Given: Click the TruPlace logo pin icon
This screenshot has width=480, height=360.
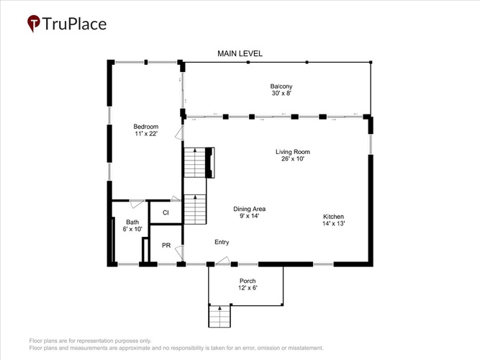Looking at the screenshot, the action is click(x=34, y=23).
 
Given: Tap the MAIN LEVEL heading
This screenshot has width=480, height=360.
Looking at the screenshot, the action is click(x=240, y=53).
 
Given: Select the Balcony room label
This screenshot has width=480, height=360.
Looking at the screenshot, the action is click(x=281, y=86).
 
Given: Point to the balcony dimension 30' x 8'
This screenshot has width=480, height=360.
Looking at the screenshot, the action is click(x=281, y=93).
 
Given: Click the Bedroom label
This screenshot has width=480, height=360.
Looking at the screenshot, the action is click(x=146, y=127).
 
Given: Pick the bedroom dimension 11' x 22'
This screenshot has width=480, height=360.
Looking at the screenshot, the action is click(x=146, y=134).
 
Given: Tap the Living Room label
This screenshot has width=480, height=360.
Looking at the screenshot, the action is click(x=293, y=152).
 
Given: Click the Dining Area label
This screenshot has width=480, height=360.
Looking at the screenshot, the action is click(x=249, y=209).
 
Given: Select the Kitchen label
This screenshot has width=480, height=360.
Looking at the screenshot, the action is click(x=333, y=217).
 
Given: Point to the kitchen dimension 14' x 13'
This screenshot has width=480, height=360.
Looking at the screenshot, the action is click(x=333, y=223).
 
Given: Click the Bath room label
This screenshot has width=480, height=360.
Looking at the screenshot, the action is click(x=132, y=222).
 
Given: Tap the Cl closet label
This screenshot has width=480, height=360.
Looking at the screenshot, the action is click(x=166, y=212).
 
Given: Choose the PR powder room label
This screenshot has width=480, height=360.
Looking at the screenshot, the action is click(x=166, y=246).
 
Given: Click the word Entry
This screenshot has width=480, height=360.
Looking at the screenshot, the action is click(x=222, y=243).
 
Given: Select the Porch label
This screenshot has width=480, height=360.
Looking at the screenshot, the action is click(x=248, y=281).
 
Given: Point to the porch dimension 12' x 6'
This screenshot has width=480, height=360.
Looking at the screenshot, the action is click(x=248, y=288).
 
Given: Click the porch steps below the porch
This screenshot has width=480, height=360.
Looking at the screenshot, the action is click(x=219, y=316).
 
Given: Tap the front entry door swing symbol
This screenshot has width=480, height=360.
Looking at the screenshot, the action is click(x=222, y=261).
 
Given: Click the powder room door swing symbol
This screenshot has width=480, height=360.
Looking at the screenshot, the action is click(x=179, y=253).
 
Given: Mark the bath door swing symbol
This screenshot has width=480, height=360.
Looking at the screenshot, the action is click(x=137, y=204).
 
